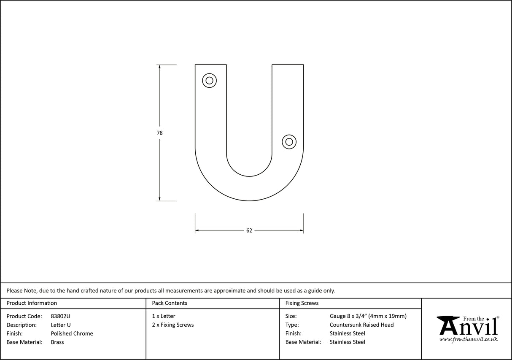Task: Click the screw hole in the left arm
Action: click(x=209, y=80)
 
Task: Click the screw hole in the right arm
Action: click(x=289, y=142)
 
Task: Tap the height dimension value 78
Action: click(x=159, y=133)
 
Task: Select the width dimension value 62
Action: click(x=249, y=230)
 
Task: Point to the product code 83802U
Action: click(x=60, y=316)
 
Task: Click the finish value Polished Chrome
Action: click(x=72, y=333)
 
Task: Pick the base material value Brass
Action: click(x=57, y=342)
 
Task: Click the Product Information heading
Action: click(x=32, y=303)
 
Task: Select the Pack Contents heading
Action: click(x=170, y=303)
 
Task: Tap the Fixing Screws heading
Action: click(x=302, y=303)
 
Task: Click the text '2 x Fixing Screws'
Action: click(x=173, y=325)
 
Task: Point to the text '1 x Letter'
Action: click(x=164, y=316)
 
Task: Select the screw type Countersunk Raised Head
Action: click(x=361, y=325)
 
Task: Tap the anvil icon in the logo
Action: click(x=448, y=326)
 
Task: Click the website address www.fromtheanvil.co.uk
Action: click(x=468, y=339)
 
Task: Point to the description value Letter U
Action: click(x=61, y=325)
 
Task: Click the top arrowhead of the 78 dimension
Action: click(x=159, y=67)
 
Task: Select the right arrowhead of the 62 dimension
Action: click(x=301, y=230)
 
